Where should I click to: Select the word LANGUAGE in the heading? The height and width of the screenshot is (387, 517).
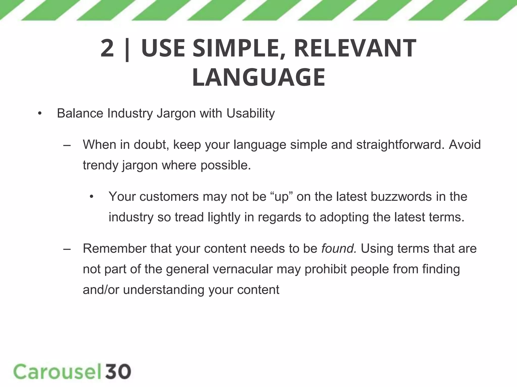(x=258, y=77)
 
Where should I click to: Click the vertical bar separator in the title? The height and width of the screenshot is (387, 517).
(x=127, y=49)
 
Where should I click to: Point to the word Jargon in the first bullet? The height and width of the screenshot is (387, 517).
(x=176, y=114)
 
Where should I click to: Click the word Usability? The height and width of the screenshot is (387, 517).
(x=250, y=114)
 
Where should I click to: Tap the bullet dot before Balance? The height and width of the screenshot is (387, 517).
(x=39, y=114)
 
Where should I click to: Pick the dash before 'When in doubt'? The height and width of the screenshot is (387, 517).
(x=67, y=145)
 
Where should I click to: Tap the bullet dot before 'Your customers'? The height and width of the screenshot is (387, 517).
(x=91, y=197)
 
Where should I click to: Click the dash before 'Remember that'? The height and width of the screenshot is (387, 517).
(x=67, y=249)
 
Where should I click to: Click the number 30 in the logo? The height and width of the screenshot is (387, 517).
(x=118, y=371)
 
